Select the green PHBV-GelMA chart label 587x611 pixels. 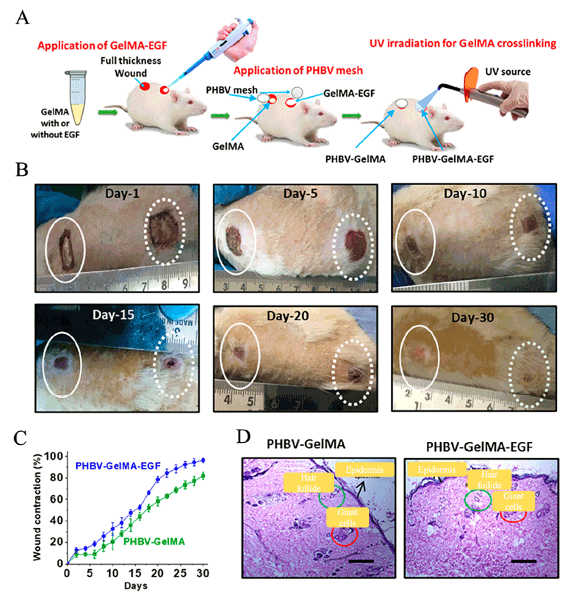(154, 542)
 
